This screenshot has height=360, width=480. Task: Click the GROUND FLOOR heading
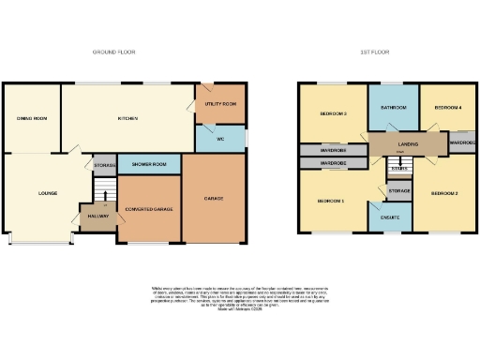(x=113, y=52)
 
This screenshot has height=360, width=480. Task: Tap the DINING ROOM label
(x=31, y=119)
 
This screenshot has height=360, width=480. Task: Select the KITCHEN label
(x=127, y=119)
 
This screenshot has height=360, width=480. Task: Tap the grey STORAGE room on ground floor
(x=105, y=166)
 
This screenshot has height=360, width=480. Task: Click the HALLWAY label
(x=98, y=217)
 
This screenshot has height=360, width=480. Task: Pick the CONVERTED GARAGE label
(x=149, y=208)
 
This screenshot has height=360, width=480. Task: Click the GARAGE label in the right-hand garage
(x=214, y=199)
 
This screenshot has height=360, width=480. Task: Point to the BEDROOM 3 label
(x=333, y=114)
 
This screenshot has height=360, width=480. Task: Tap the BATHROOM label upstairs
(x=394, y=109)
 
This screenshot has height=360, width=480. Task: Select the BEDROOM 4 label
(x=448, y=109)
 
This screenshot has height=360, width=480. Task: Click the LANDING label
(x=408, y=143)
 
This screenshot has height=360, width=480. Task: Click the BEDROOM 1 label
(x=330, y=202)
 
